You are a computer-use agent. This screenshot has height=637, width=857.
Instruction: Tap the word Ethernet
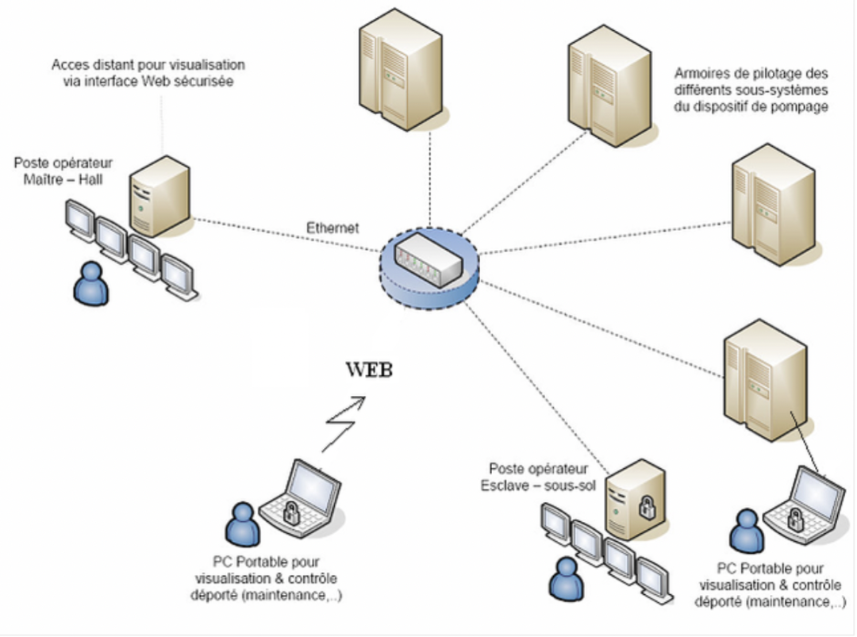(332, 228)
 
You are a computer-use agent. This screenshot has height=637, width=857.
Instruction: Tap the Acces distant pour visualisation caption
(148, 72)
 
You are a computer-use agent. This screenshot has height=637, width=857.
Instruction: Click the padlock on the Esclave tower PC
(647, 505)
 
